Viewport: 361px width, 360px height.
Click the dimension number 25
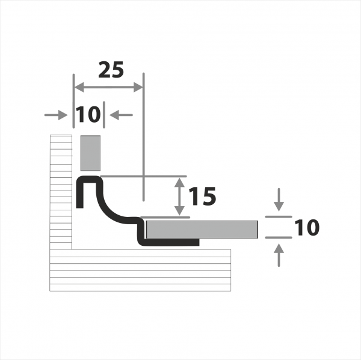click(111, 70)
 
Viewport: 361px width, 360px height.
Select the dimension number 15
click(202, 196)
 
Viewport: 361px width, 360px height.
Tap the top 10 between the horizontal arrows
click(88, 114)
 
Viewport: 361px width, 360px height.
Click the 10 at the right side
click(307, 227)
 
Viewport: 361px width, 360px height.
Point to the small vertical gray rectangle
click(90, 153)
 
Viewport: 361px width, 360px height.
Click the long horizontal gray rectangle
click(202, 230)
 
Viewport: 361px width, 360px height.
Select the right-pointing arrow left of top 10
click(56, 115)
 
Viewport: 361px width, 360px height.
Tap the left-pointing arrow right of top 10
click(121, 115)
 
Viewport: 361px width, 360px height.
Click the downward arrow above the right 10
click(279, 200)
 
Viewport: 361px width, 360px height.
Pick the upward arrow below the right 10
click(279, 255)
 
